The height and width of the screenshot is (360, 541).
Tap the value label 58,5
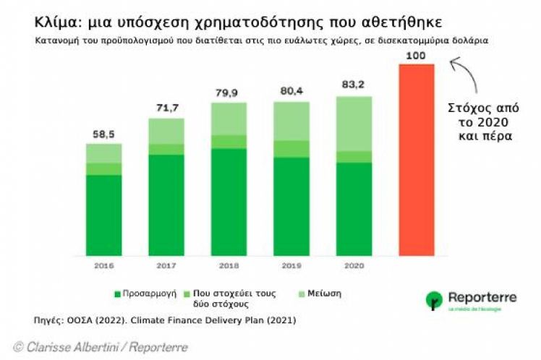(x=104, y=134)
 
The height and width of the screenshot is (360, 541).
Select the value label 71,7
(x=166, y=108)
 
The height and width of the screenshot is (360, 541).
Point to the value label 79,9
(x=229, y=93)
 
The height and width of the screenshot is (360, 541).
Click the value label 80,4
(x=291, y=91)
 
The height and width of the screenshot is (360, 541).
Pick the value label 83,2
(x=354, y=85)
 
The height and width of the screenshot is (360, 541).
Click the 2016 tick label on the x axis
(x=104, y=265)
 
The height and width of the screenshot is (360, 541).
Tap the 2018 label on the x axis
(x=229, y=265)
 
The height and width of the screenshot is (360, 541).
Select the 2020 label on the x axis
(x=354, y=265)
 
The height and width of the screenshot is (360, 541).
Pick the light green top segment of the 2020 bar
(x=354, y=123)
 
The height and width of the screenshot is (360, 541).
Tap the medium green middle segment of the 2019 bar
(x=291, y=148)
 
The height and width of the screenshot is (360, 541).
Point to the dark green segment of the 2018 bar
(x=229, y=202)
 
